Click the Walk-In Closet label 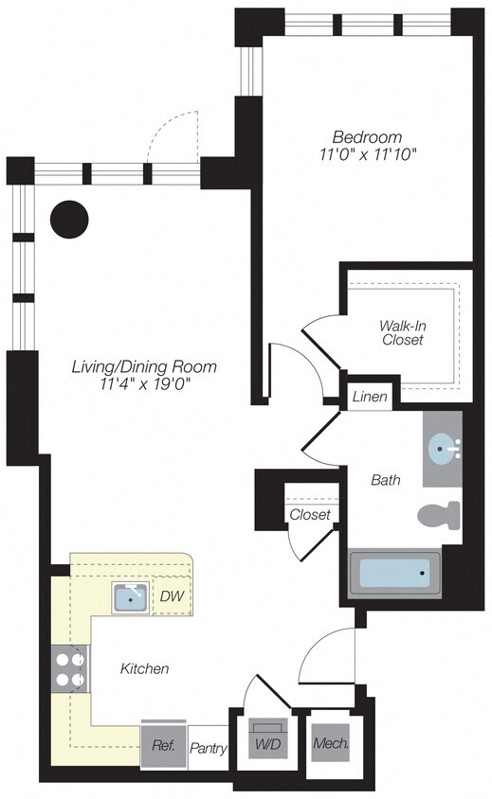[402, 332]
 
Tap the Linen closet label [370, 397]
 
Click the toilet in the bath [439, 517]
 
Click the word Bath [386, 481]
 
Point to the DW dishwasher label [172, 596]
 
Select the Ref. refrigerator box [162, 745]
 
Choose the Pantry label [209, 749]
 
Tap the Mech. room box [330, 744]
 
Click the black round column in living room [69, 220]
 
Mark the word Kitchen [144, 669]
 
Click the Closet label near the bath [310, 515]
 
